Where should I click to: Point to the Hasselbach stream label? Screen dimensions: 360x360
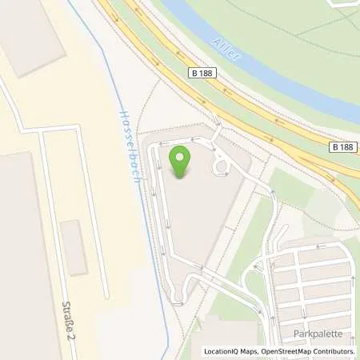pos(130,148)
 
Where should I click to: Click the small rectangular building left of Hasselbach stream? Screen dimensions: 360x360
pos(74,248)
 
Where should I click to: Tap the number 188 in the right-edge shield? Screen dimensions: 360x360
pos(347,147)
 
